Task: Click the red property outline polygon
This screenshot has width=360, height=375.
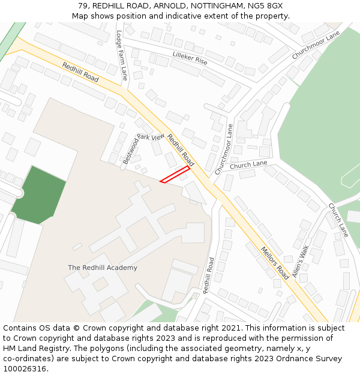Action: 175,174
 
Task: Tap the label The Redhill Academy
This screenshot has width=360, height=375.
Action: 103,268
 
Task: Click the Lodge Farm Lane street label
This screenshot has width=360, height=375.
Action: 122,55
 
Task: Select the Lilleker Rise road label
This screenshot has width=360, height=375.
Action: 190,58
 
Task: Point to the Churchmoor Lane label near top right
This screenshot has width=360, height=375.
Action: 316,45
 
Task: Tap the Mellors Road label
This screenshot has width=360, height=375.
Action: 274,262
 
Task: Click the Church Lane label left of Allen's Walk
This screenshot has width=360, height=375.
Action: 248,164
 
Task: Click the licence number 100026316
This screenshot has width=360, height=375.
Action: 25,369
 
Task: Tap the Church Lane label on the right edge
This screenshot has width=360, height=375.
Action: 338,220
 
